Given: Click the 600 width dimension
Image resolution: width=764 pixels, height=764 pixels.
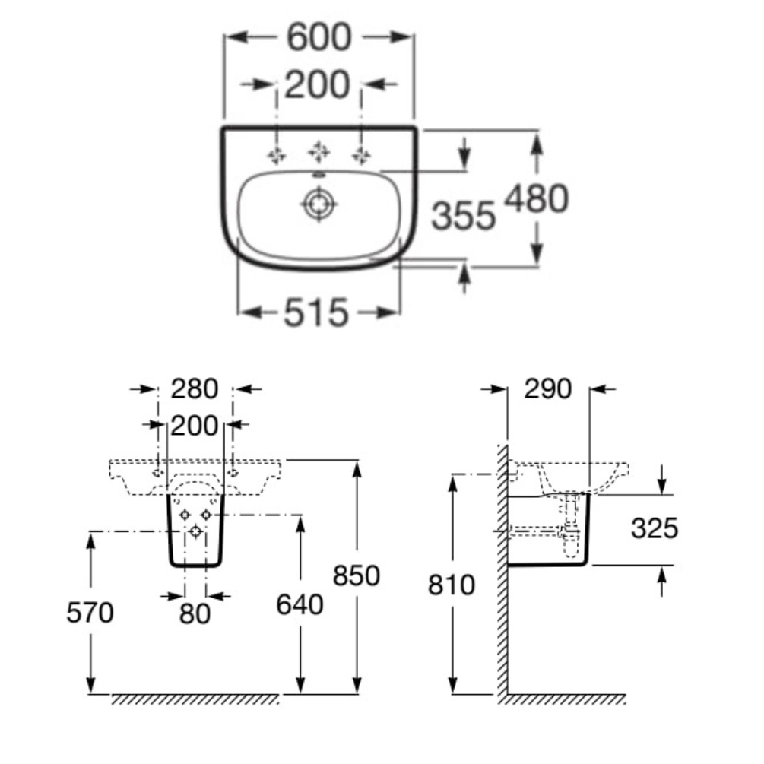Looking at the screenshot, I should (x=319, y=38).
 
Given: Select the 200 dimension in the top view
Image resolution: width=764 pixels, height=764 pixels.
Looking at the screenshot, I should (x=319, y=84).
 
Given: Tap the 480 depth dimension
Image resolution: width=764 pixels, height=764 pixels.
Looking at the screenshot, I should (x=537, y=199).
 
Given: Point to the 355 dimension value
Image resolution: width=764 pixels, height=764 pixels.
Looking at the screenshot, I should (x=463, y=217).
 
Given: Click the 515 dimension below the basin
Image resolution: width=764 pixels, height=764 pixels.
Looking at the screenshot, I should (x=317, y=312).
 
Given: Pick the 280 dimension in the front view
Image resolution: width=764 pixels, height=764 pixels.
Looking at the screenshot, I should (x=195, y=389).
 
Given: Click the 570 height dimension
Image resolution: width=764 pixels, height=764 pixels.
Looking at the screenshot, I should (x=90, y=612).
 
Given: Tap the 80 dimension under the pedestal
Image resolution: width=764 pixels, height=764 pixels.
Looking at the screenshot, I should (x=195, y=613).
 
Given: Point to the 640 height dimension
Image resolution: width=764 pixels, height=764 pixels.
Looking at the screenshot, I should (x=299, y=604).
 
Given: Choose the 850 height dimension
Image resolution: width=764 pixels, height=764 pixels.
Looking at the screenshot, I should (x=357, y=575).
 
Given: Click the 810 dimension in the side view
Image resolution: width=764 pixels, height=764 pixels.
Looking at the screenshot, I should (x=452, y=585).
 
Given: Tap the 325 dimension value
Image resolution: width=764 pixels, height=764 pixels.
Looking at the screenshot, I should (x=655, y=528).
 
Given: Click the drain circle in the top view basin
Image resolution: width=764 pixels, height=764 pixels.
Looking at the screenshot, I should (x=318, y=204).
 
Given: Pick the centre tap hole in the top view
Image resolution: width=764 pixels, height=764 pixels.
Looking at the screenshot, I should (x=318, y=154).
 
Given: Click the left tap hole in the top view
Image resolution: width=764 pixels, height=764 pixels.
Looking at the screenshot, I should (x=276, y=156).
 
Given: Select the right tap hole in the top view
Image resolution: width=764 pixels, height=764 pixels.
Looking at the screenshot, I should (x=360, y=156).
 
